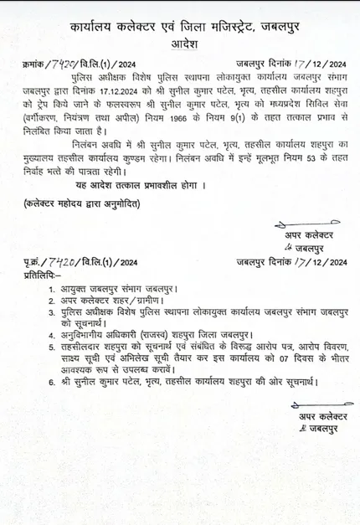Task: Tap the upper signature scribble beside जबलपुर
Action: pyautogui.click(x=288, y=248)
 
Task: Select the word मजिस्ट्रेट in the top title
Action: pyautogui.click(x=217, y=28)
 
